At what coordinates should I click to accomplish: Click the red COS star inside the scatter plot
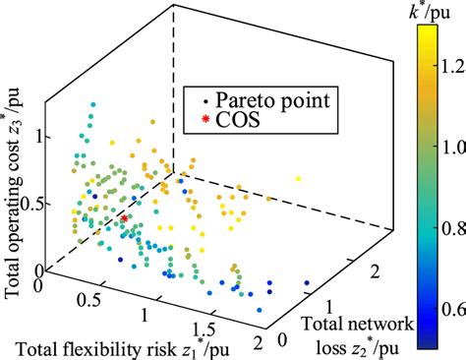124,217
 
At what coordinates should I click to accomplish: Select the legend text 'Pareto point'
262,99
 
